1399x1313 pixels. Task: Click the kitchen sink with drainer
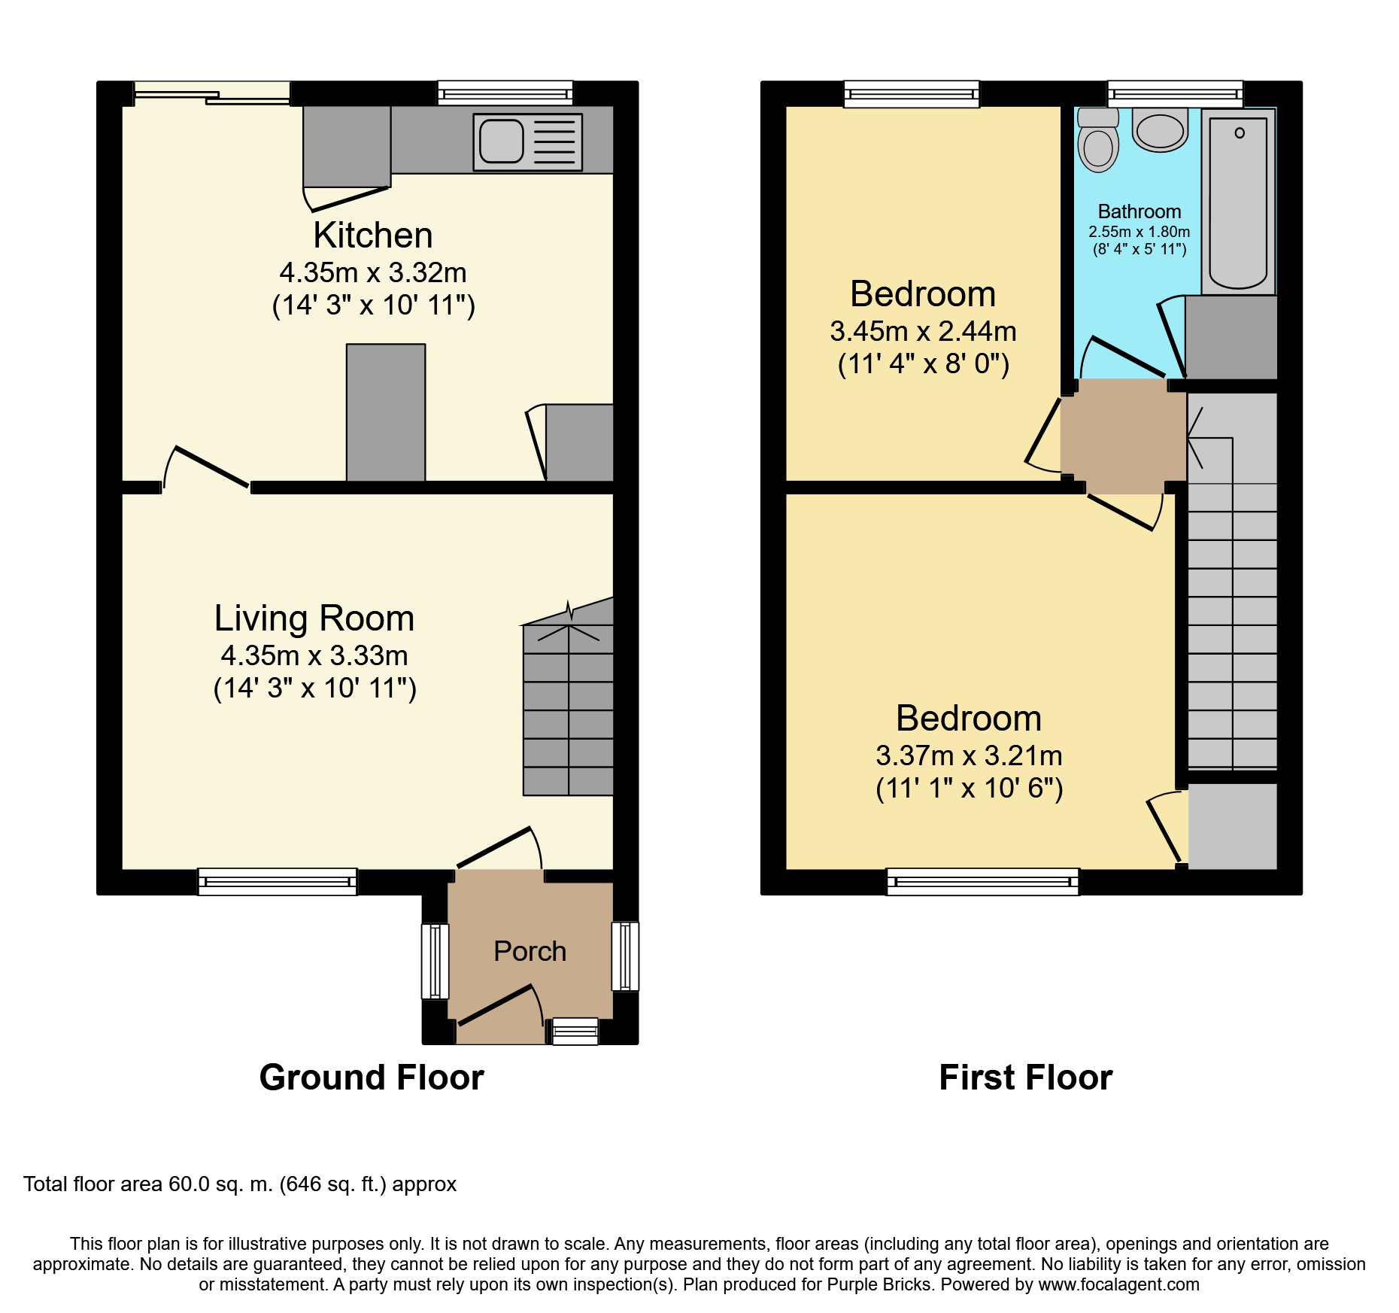click(x=527, y=141)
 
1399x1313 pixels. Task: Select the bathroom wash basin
click(x=1160, y=130)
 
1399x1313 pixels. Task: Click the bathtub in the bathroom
click(x=1238, y=202)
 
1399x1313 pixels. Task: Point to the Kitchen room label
click(x=373, y=236)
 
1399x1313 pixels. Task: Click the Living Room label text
click(x=314, y=619)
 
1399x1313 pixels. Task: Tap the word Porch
click(x=530, y=951)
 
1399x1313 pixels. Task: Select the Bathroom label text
click(x=1140, y=211)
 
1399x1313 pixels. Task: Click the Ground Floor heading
click(x=372, y=1077)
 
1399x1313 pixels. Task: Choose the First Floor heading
click(x=1026, y=1077)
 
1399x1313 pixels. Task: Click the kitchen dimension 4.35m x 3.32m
click(x=373, y=272)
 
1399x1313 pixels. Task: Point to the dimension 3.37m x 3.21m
click(x=970, y=755)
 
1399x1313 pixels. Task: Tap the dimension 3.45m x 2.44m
click(x=924, y=331)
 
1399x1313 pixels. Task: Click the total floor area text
click(x=240, y=1184)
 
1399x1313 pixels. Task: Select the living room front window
click(x=278, y=881)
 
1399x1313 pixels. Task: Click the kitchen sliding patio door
click(x=212, y=93)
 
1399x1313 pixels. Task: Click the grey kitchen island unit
click(x=386, y=412)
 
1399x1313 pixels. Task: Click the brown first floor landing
click(x=1123, y=436)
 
